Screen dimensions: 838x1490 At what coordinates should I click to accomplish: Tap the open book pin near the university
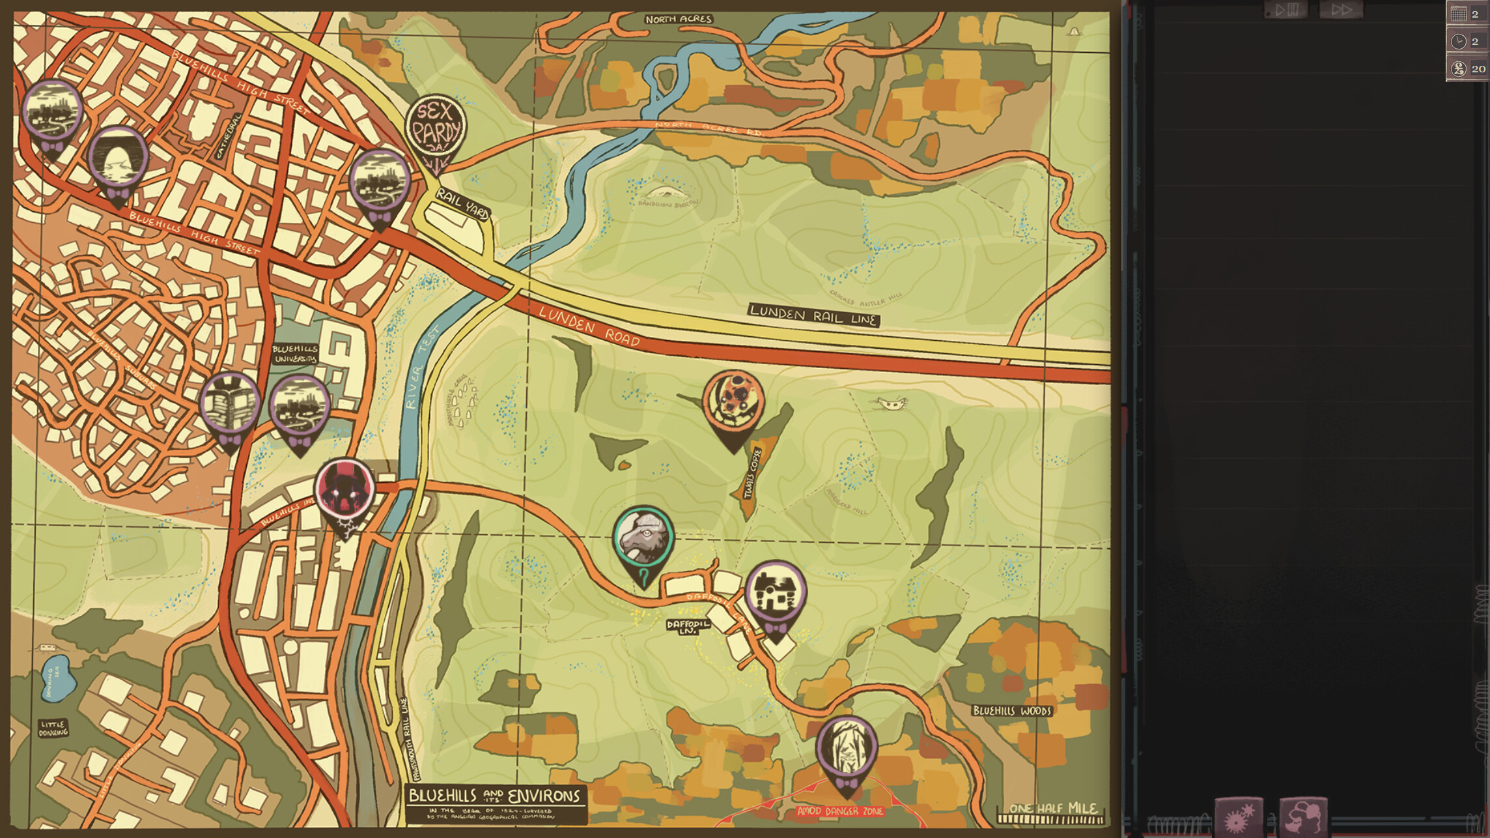point(230,405)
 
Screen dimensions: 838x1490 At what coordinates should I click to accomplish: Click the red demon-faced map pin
point(344,491)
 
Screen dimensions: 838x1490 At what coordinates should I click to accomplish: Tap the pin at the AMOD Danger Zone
point(847,748)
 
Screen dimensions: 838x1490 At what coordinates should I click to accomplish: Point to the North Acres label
point(679,20)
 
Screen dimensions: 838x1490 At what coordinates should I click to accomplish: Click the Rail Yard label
point(462,203)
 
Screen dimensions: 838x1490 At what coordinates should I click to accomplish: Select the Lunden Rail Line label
point(813,315)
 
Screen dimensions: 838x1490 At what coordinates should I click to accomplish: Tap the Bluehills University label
point(295,354)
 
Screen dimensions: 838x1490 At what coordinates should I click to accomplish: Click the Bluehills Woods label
point(1012,710)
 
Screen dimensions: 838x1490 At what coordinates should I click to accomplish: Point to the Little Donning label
point(53,728)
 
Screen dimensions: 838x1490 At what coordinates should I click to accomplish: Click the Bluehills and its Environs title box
point(495,803)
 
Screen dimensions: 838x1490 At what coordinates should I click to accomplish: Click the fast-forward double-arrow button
point(1341,10)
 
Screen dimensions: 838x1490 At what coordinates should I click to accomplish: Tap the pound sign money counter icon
point(1459,68)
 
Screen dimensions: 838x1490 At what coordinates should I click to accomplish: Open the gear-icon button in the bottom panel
point(1239,818)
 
